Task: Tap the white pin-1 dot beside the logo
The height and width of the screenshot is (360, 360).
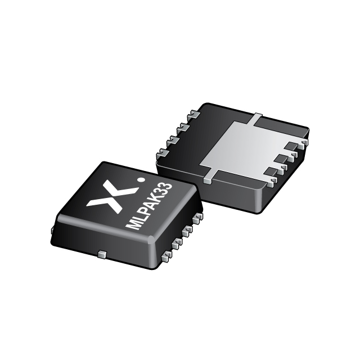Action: [141, 182]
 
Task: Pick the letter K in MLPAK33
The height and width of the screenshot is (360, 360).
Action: [159, 197]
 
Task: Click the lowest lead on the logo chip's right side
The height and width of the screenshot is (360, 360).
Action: [167, 257]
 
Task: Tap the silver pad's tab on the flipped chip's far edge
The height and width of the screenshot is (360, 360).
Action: [256, 118]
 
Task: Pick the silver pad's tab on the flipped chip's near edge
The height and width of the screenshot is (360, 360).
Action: [208, 179]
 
